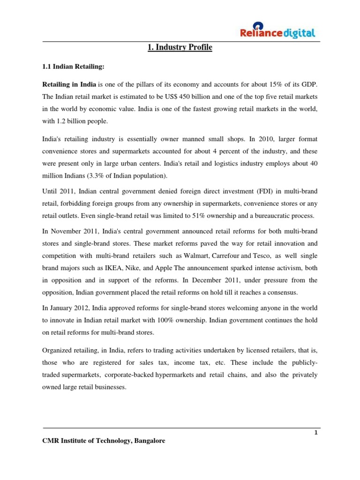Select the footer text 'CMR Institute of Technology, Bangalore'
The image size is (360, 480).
pos(104,441)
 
